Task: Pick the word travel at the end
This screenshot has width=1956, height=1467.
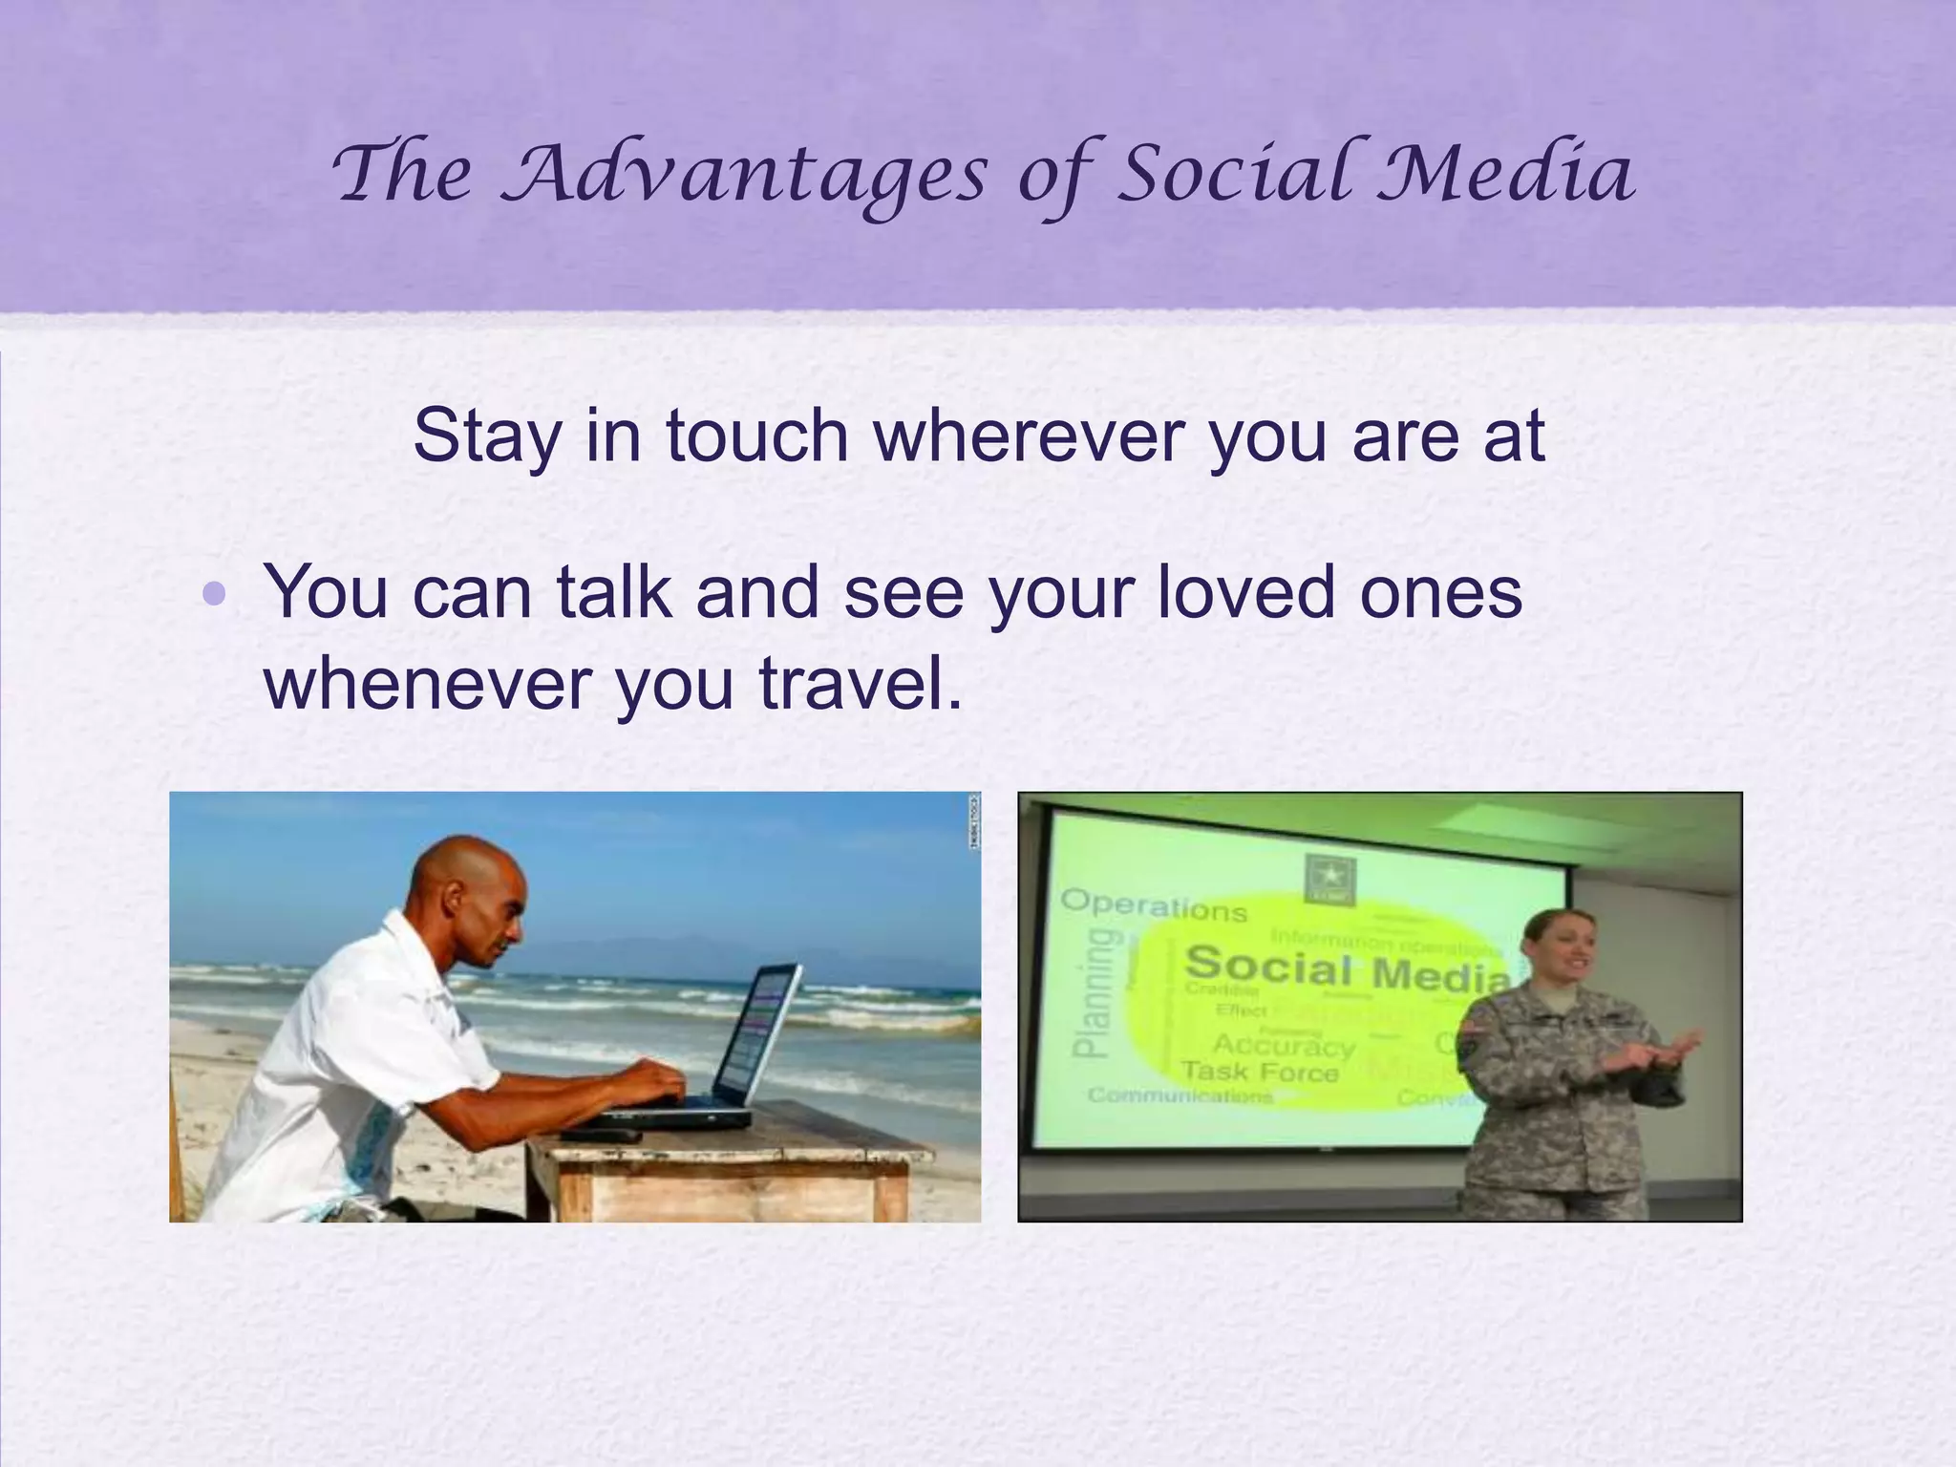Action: (859, 684)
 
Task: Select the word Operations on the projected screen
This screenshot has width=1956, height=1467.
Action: (1153, 904)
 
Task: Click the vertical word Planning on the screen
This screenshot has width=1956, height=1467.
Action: (1092, 993)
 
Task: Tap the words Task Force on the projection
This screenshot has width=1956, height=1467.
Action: (1259, 1072)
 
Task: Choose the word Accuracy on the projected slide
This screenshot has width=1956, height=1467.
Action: (1283, 1046)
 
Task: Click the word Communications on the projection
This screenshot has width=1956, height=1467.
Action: (1180, 1095)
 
